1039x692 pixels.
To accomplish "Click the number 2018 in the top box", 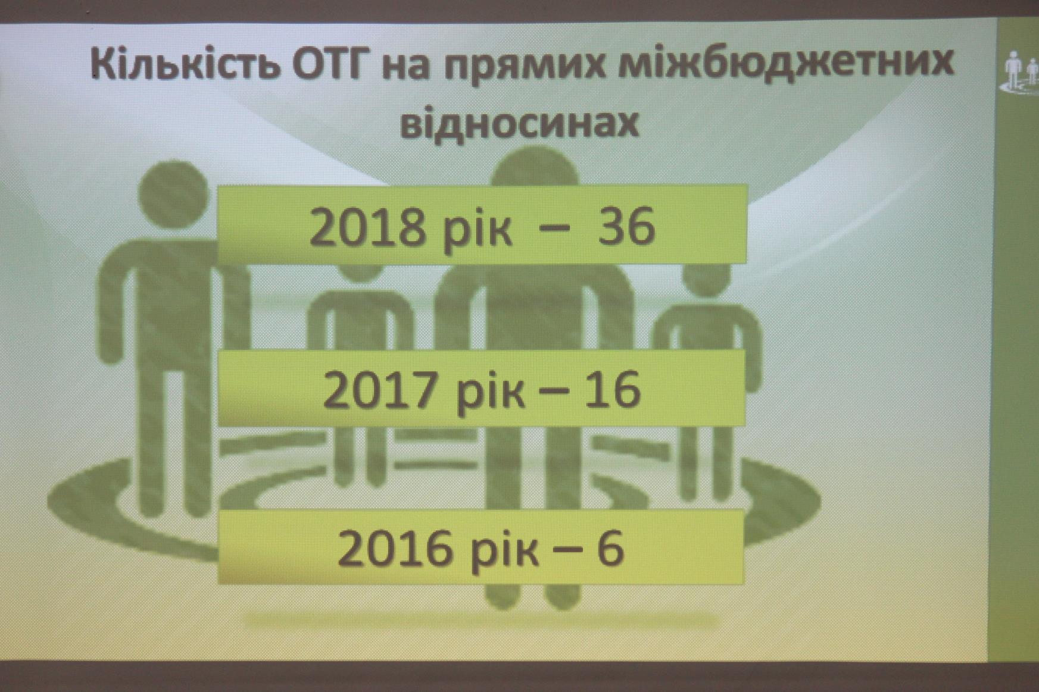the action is tap(367, 227).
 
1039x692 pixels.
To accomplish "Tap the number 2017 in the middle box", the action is tap(382, 390).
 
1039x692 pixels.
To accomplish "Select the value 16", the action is tap(611, 389).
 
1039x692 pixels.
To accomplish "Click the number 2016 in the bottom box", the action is tap(395, 549).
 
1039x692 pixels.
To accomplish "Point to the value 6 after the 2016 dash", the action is tap(610, 547).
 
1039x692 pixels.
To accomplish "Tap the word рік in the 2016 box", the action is tap(504, 552).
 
